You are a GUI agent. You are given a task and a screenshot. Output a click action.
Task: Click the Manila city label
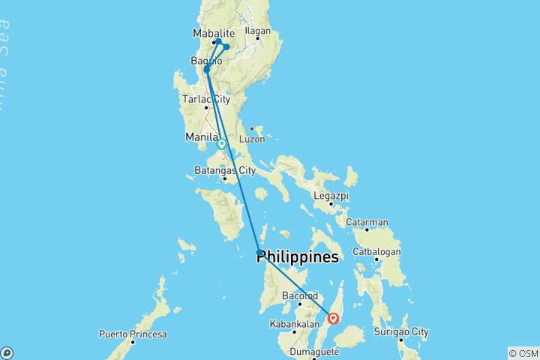[x=201, y=137]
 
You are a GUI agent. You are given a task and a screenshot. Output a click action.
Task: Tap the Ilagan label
[x=257, y=31]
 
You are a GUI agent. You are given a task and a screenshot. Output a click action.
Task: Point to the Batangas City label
[x=224, y=170]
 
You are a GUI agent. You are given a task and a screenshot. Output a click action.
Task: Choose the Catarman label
[x=367, y=222]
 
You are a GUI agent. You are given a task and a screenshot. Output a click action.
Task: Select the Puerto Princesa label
[x=133, y=334]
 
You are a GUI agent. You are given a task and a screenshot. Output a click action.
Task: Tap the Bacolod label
[x=298, y=295]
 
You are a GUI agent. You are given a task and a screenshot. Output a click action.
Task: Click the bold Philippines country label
[x=297, y=257]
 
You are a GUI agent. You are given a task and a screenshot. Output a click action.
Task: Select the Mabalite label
[x=214, y=33]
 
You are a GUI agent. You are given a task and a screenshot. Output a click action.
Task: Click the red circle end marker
[x=334, y=318]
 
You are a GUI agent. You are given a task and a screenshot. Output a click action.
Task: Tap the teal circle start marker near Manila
[x=222, y=143]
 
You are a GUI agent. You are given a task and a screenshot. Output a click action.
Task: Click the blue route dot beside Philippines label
[x=259, y=253]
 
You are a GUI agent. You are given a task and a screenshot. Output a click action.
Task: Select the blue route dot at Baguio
[x=206, y=70]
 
